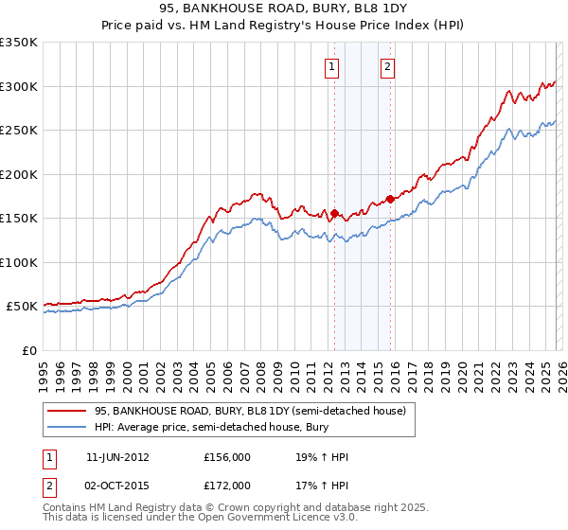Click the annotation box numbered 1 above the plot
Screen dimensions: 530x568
coord(333,66)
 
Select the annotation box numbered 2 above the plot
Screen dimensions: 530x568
coord(388,66)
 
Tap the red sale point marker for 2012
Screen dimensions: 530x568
coord(334,213)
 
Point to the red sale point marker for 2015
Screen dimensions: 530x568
coord(390,199)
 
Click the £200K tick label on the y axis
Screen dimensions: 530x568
coord(19,174)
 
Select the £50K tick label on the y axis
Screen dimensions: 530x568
coord(22,307)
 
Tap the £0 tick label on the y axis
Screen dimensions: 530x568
coord(29,350)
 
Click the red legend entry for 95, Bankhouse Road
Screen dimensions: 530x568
coord(250,411)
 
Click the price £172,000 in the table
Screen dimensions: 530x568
coord(227,486)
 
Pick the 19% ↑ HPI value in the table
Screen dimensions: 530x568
coord(322,457)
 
